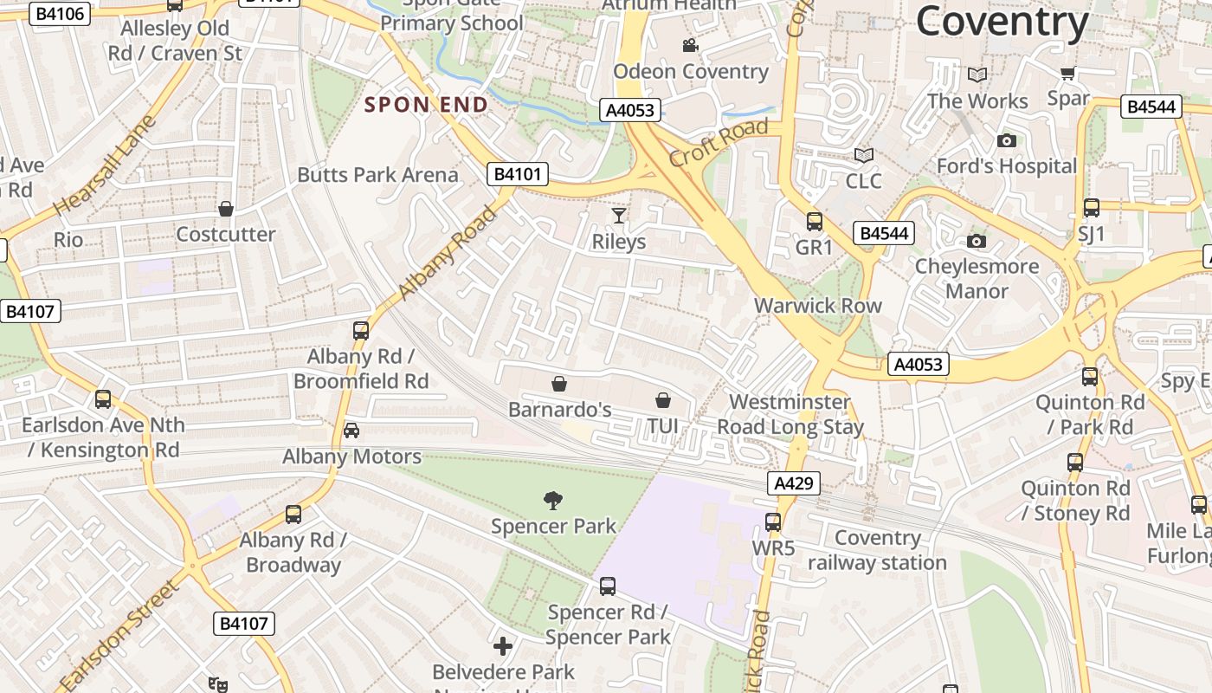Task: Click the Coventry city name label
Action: [1002, 21]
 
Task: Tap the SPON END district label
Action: [426, 105]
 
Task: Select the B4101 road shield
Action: [518, 174]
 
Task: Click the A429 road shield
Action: [793, 483]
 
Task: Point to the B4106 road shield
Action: [60, 13]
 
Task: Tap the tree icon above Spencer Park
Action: [553, 500]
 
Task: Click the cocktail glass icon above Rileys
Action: [618, 215]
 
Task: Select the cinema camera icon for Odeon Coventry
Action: [690, 46]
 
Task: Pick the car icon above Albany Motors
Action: [351, 431]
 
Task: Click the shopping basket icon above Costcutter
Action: [226, 209]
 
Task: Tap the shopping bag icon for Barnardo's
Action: [559, 383]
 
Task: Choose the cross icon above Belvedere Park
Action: [503, 646]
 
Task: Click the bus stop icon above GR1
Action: [814, 222]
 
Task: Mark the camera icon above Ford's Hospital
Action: [1006, 140]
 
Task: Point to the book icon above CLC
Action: [863, 155]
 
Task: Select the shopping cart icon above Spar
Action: [1067, 73]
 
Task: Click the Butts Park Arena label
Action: [377, 175]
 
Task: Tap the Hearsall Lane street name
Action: [104, 166]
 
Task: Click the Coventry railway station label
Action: [877, 550]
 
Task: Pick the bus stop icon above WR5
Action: [773, 522]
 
